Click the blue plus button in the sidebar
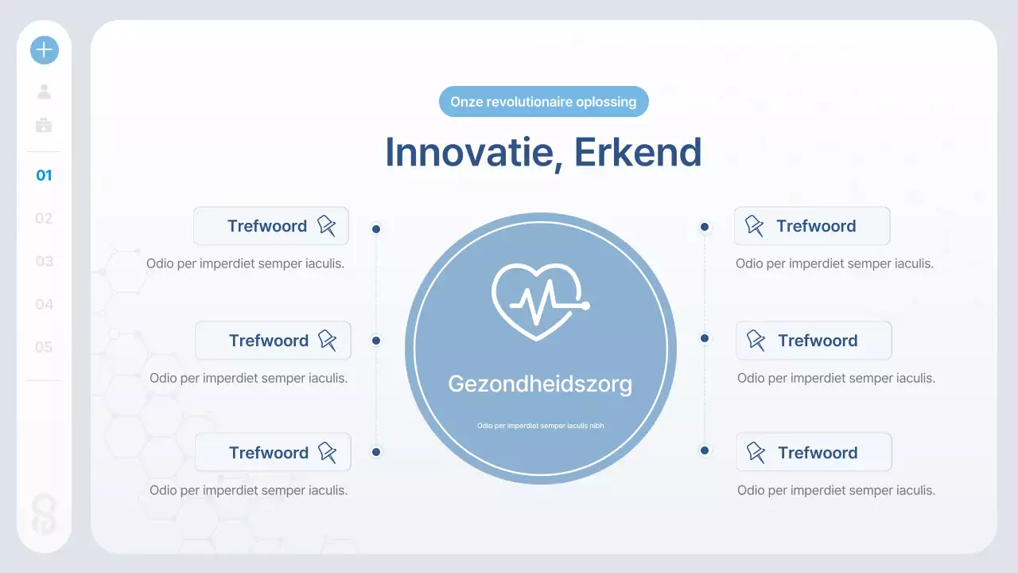click(x=45, y=50)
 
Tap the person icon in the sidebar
click(x=45, y=92)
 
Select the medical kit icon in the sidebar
click(x=45, y=125)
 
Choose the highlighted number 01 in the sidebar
click(x=44, y=175)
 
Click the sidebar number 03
click(x=44, y=261)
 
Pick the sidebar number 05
click(x=44, y=347)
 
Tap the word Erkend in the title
click(x=638, y=152)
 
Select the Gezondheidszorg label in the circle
click(x=540, y=384)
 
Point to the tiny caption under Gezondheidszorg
click(x=540, y=426)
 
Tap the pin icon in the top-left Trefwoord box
click(x=327, y=225)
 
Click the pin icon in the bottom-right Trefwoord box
click(x=755, y=452)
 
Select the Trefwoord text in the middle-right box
click(x=818, y=341)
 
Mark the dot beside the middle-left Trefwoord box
click(x=376, y=341)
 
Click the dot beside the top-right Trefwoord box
click(x=705, y=227)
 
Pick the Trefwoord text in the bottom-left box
click(x=268, y=453)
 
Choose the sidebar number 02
click(x=44, y=218)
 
